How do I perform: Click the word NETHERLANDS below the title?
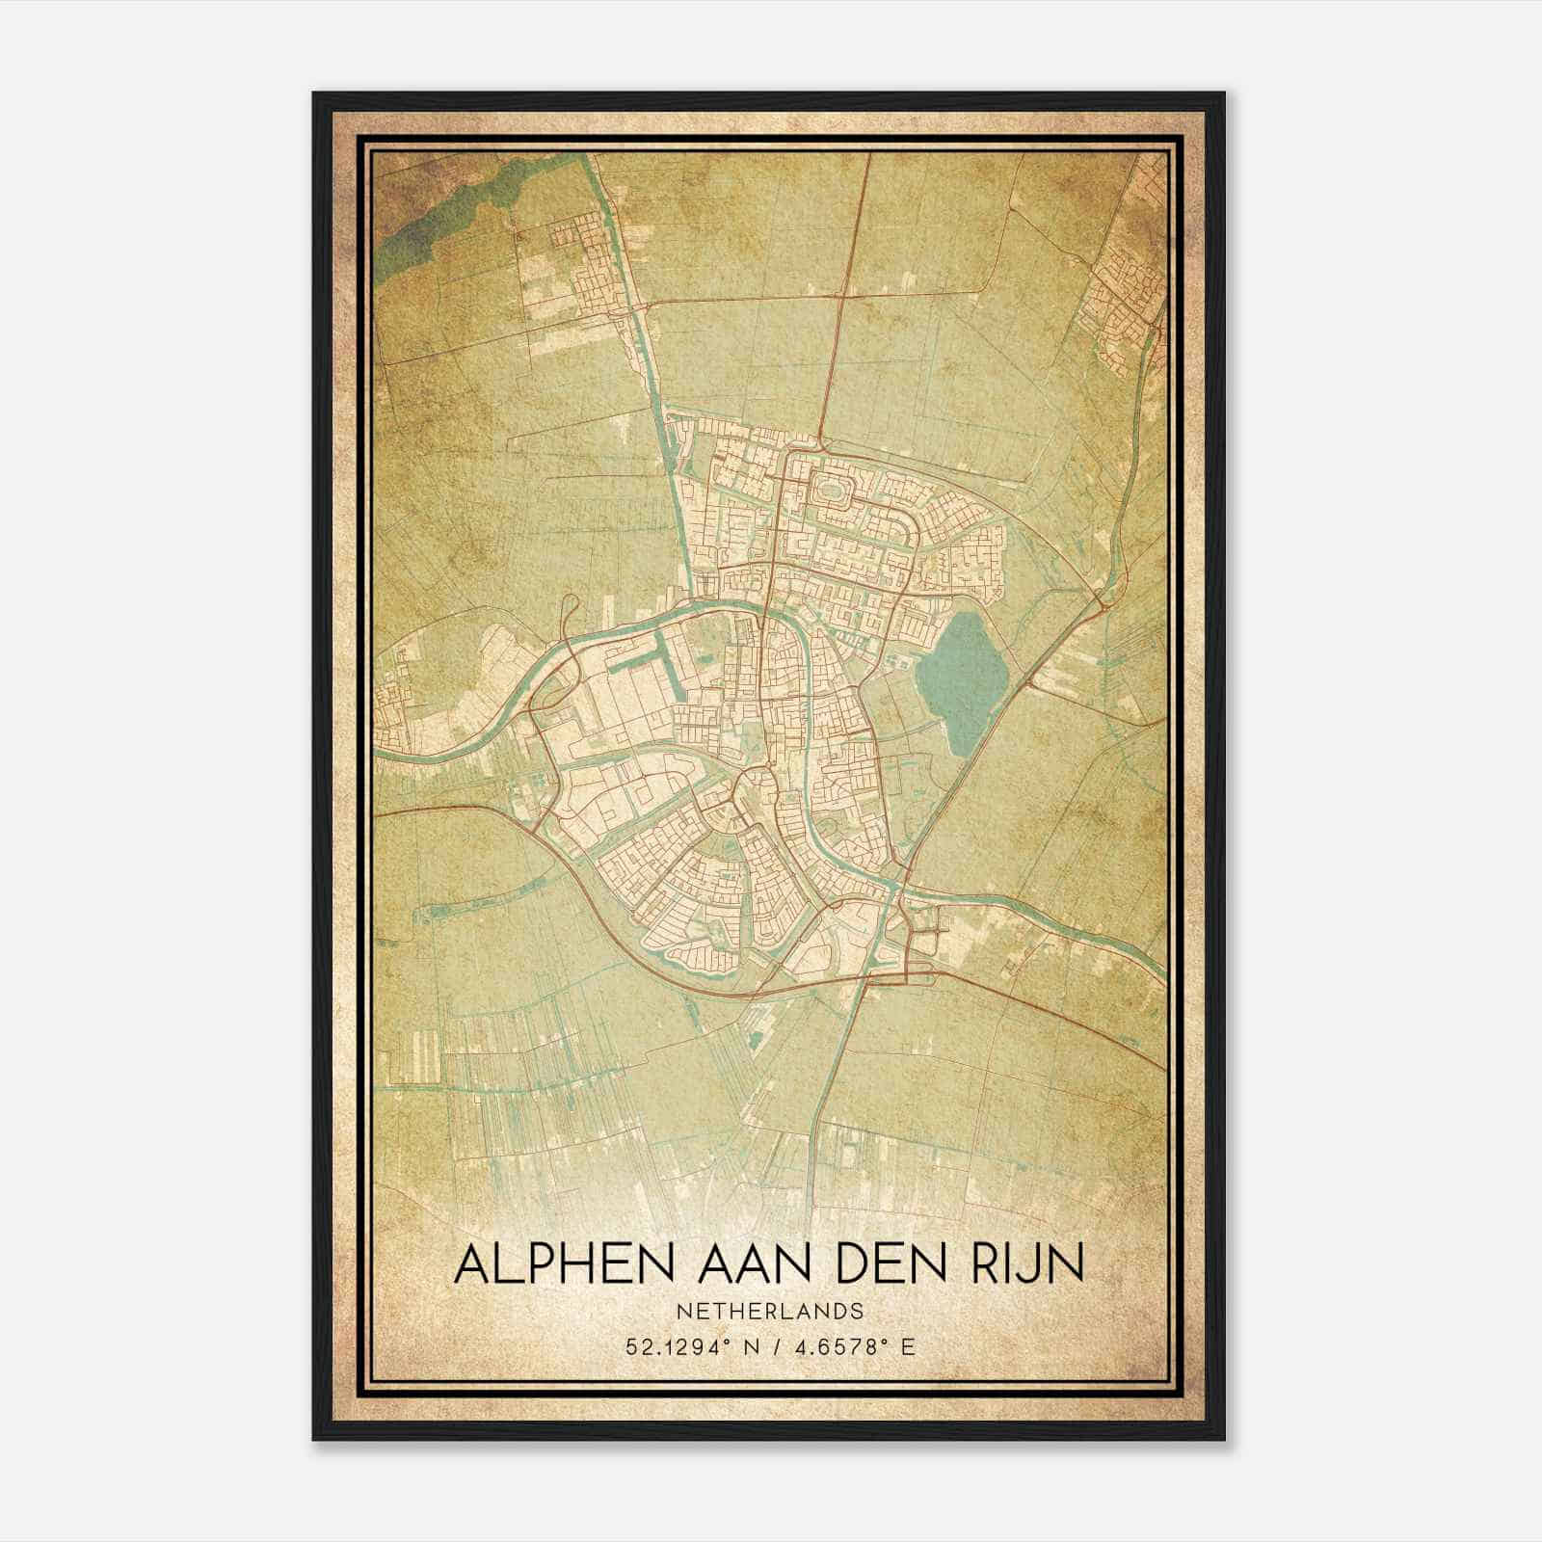click(769, 1312)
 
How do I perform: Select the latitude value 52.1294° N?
click(686, 1346)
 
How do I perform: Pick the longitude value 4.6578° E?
click(852, 1346)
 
